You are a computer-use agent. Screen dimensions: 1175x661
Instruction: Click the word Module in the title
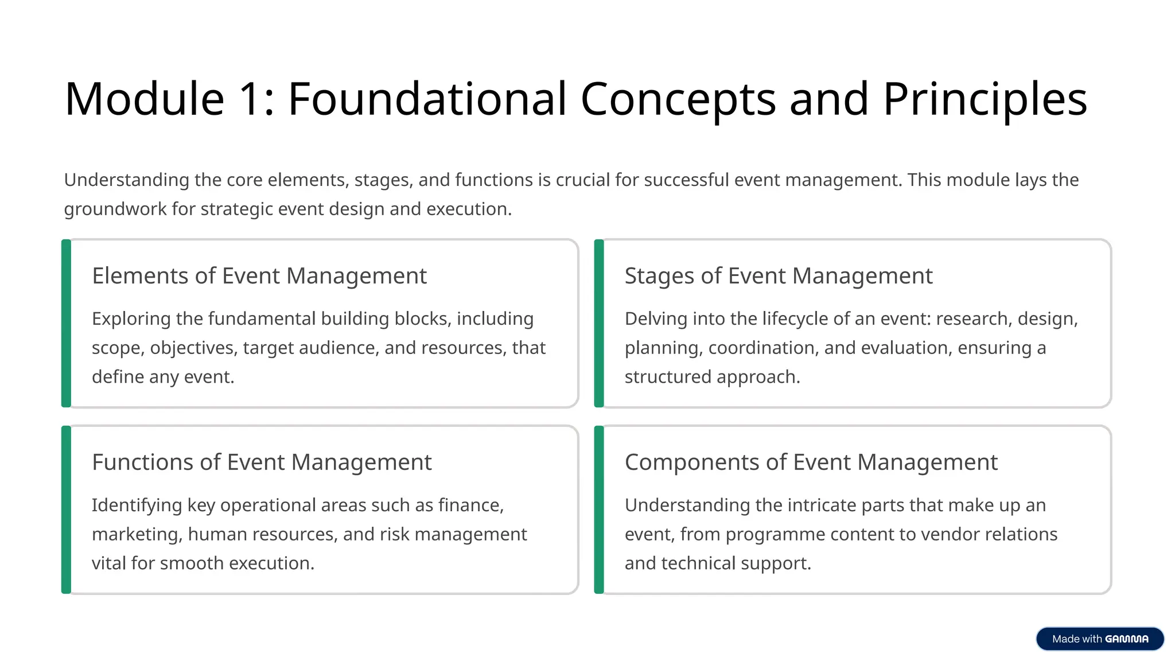(144, 99)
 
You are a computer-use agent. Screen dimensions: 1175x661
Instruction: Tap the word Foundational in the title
(427, 99)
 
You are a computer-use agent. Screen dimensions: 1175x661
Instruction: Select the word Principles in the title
(985, 99)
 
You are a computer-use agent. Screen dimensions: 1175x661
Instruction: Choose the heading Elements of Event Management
(259, 276)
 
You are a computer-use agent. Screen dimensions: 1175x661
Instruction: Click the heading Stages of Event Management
(779, 276)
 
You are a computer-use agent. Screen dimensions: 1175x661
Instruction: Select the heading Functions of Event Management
(262, 462)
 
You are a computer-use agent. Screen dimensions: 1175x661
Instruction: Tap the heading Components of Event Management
(811, 462)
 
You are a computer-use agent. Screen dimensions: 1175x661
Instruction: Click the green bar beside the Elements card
(67, 324)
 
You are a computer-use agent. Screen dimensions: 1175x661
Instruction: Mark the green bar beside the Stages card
(599, 324)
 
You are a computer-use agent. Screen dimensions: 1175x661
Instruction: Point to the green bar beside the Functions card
(67, 510)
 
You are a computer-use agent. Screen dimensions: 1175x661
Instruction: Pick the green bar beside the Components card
(599, 510)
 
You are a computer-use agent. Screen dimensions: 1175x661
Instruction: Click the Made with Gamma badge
(1100, 639)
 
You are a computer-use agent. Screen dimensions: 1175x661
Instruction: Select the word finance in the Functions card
(470, 506)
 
